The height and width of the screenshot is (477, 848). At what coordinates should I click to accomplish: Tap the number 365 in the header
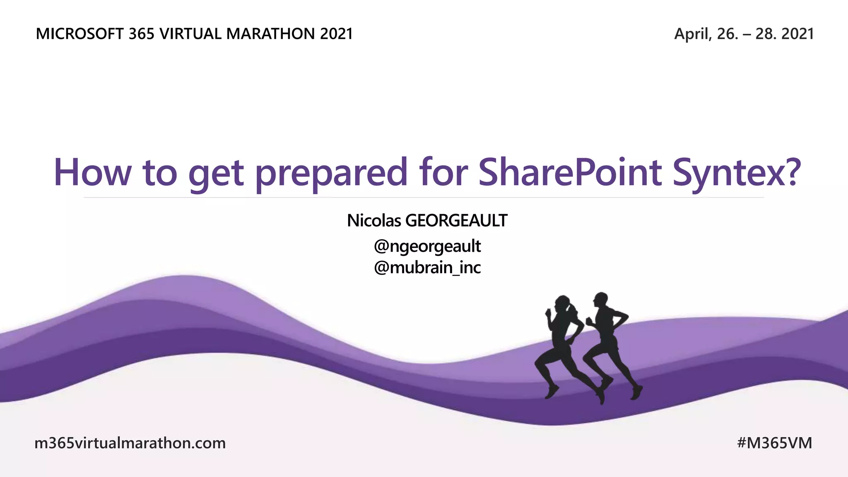click(141, 34)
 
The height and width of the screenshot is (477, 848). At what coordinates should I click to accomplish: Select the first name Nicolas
click(374, 220)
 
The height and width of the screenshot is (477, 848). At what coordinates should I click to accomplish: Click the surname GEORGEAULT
click(456, 220)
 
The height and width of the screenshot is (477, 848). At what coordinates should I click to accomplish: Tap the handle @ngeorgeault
click(427, 246)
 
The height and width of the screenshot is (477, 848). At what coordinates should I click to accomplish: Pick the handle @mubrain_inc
click(427, 268)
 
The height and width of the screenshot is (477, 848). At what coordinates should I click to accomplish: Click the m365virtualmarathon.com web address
click(130, 443)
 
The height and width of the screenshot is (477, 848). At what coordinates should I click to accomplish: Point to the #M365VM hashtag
click(774, 443)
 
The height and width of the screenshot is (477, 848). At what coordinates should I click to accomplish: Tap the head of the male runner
click(600, 300)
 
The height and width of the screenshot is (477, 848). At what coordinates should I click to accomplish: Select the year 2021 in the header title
click(336, 34)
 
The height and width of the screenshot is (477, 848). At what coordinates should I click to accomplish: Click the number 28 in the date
click(764, 34)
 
